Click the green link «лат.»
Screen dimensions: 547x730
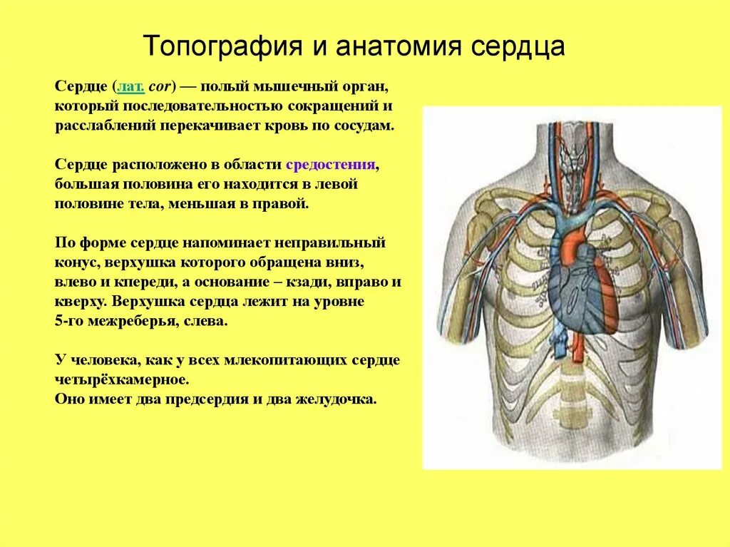tap(131, 87)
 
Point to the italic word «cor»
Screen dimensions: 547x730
tap(160, 87)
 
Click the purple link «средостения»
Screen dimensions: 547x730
tap(330, 165)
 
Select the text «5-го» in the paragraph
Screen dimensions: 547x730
tap(69, 321)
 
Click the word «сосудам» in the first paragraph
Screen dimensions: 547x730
tap(364, 126)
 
